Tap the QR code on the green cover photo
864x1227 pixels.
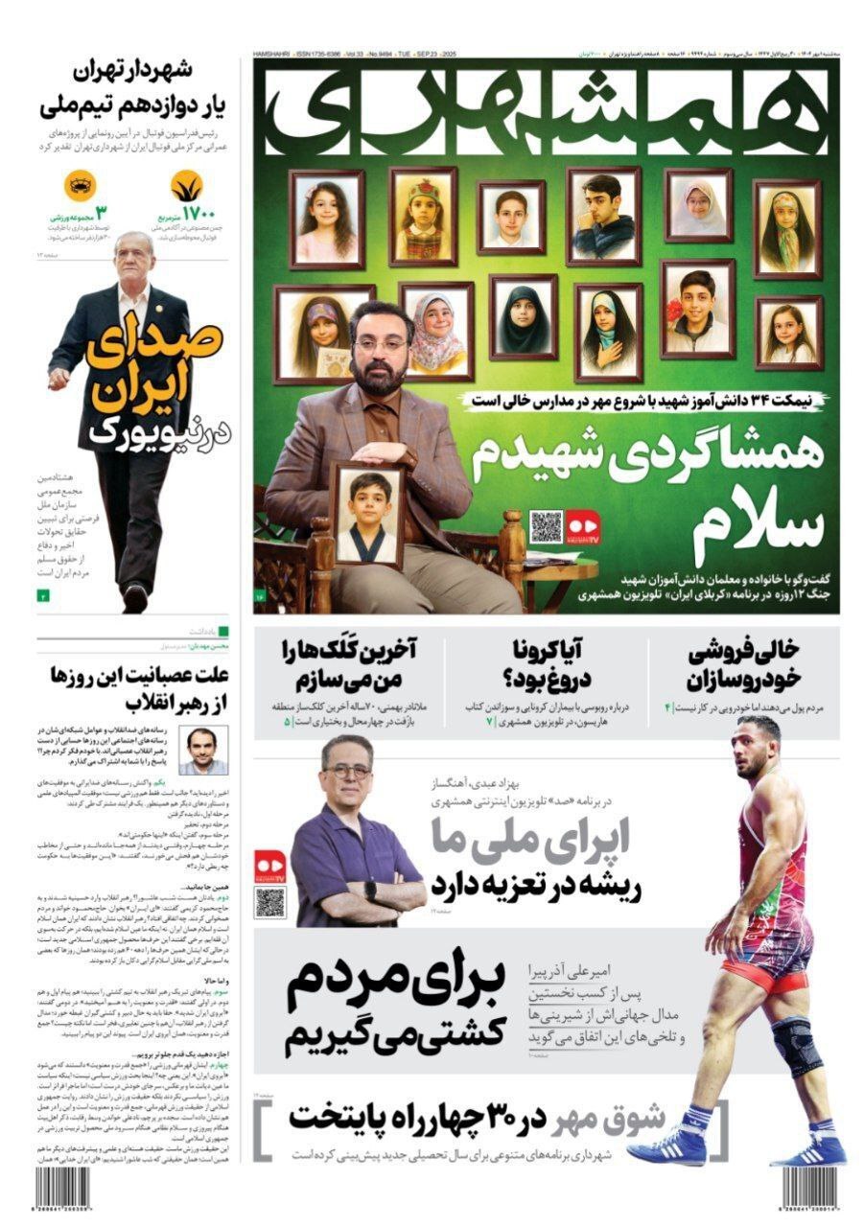click(x=545, y=526)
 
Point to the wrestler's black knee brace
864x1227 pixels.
click(x=795, y=1045)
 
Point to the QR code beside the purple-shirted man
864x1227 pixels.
click(x=269, y=902)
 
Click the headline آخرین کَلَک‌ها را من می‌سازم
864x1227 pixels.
click(x=347, y=665)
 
